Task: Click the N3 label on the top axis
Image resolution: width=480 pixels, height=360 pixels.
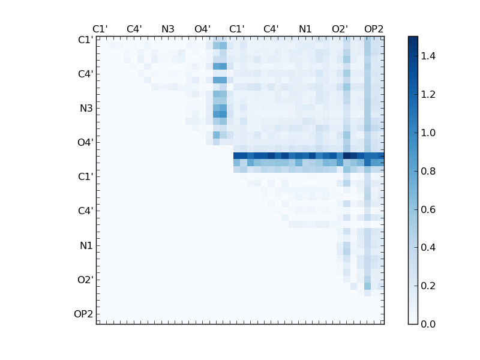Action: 168,29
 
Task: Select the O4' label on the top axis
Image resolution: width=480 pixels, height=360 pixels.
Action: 202,29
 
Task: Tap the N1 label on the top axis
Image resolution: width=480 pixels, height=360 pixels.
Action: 305,29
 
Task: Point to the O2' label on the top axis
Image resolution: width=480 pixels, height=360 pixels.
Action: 340,29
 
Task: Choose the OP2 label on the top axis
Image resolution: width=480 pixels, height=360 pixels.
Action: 374,29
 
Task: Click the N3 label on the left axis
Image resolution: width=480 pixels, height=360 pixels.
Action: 86,109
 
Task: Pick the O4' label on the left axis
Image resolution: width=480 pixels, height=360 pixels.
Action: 85,143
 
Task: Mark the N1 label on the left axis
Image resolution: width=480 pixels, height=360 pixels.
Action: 86,245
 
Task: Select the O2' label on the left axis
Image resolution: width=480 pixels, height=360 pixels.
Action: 85,280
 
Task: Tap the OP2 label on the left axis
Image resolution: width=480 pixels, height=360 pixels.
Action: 83,314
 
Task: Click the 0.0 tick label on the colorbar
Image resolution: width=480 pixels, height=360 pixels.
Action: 428,324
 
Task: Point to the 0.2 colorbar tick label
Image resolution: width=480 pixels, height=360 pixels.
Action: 428,286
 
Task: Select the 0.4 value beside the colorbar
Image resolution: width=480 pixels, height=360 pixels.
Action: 428,247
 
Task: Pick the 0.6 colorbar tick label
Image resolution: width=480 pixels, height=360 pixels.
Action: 428,209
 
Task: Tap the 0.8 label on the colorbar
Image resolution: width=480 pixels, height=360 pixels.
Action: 428,171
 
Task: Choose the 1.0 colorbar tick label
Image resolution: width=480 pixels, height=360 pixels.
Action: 428,133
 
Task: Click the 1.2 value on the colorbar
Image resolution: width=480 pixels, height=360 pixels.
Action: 428,94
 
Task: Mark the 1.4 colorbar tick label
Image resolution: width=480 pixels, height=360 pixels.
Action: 428,56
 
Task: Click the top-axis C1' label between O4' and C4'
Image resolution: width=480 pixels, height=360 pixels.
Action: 237,29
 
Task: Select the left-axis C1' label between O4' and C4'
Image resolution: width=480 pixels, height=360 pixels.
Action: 85,177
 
